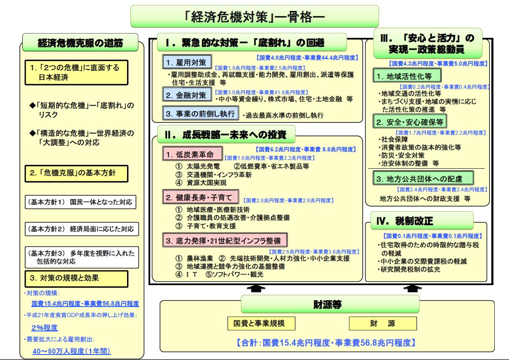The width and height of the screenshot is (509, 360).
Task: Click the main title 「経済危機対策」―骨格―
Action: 255,17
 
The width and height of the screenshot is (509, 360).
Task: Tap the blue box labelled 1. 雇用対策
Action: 187,61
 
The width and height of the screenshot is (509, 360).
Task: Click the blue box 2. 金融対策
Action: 187,95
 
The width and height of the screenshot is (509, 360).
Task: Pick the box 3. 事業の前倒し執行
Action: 201,114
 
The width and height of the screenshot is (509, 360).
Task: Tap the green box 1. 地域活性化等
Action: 407,76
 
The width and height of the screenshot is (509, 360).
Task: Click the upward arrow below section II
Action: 258,288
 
